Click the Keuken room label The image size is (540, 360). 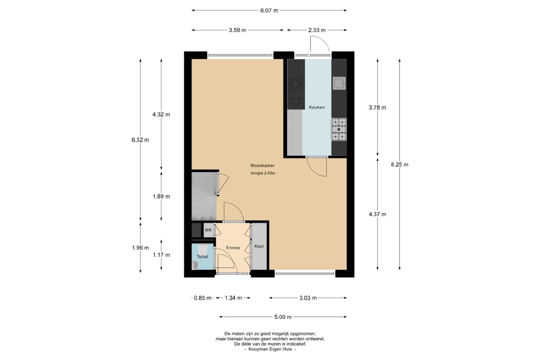point(316,107)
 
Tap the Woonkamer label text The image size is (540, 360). point(262,165)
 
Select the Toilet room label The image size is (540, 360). point(202,256)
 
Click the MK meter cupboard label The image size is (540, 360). point(208,230)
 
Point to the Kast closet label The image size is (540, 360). point(259,246)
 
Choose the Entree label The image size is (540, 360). point(233,247)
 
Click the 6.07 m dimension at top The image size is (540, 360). point(269,10)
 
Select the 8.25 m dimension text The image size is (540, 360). point(399,164)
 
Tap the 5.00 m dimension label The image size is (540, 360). point(283,317)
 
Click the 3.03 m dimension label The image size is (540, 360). point(308,298)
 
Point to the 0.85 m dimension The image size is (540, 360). point(203,298)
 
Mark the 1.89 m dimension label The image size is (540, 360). point(161,196)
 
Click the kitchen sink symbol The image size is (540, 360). point(339,83)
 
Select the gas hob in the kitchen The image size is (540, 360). point(339,129)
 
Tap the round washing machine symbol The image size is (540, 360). point(295,83)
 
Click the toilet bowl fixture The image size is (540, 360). point(195,264)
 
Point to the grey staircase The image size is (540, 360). point(204,196)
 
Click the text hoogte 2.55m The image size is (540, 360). point(263,173)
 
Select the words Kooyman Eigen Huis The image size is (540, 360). point(270,349)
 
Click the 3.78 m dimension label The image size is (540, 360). point(377,107)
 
